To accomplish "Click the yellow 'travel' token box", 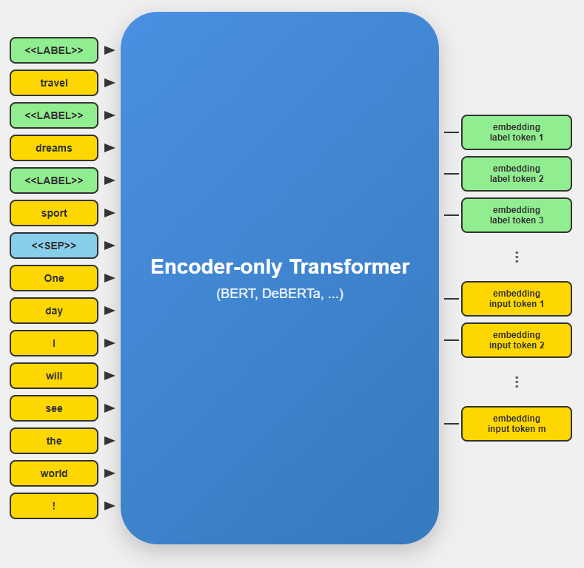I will (x=54, y=83).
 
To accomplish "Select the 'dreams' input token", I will (x=54, y=148).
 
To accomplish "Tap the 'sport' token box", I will (x=54, y=213).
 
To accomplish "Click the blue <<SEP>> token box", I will (x=54, y=246).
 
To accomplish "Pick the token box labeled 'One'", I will (x=54, y=278).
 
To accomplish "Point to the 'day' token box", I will (x=54, y=311).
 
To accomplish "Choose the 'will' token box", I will (x=54, y=376).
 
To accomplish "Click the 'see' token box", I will (x=54, y=408).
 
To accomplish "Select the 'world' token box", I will (x=54, y=473).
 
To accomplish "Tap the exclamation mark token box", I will (x=54, y=506).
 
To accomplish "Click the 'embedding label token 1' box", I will (x=517, y=132).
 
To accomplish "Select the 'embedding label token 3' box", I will (x=517, y=215).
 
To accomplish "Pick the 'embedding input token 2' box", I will (x=517, y=340).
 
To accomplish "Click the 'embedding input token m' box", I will (x=517, y=424).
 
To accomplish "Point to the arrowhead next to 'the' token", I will (x=110, y=441).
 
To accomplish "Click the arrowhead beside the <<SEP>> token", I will (x=110, y=246).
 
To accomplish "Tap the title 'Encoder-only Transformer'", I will (x=280, y=266).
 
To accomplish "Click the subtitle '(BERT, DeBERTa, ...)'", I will (x=280, y=294).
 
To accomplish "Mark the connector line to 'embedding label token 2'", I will (x=452, y=174).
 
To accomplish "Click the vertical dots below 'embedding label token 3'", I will (x=517, y=257).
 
